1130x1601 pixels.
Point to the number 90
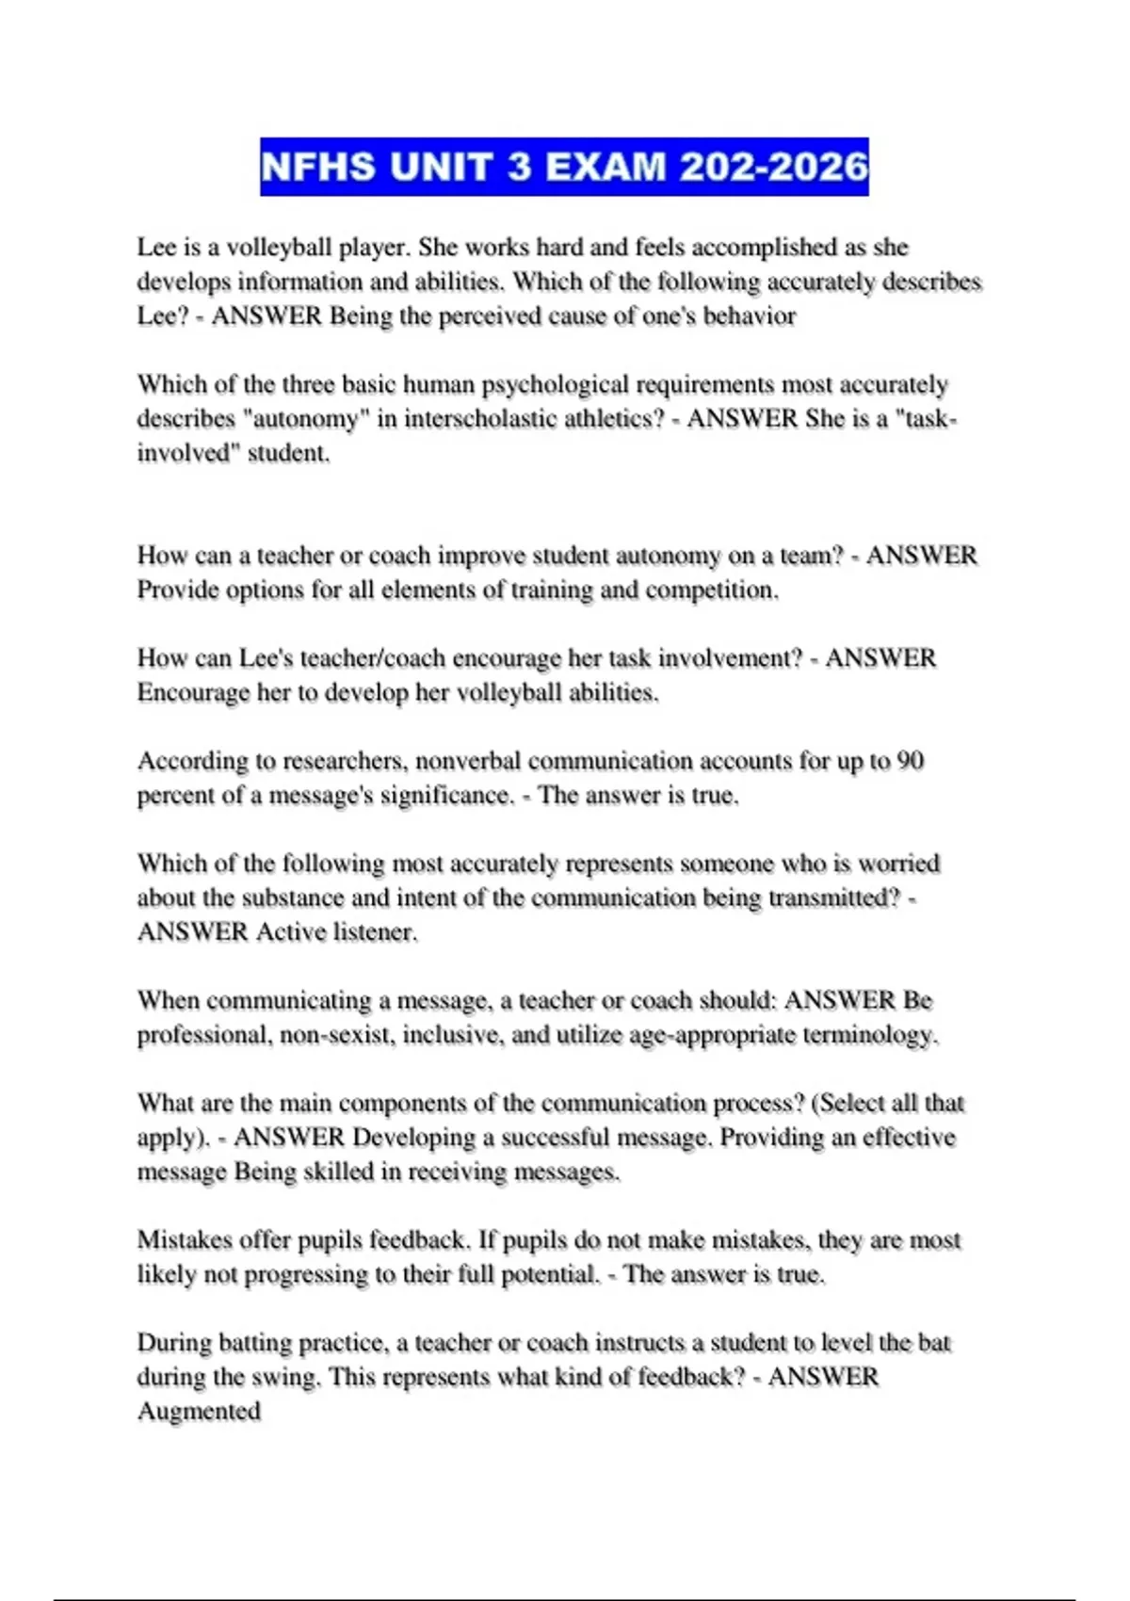(911, 760)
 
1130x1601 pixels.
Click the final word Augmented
(199, 1411)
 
